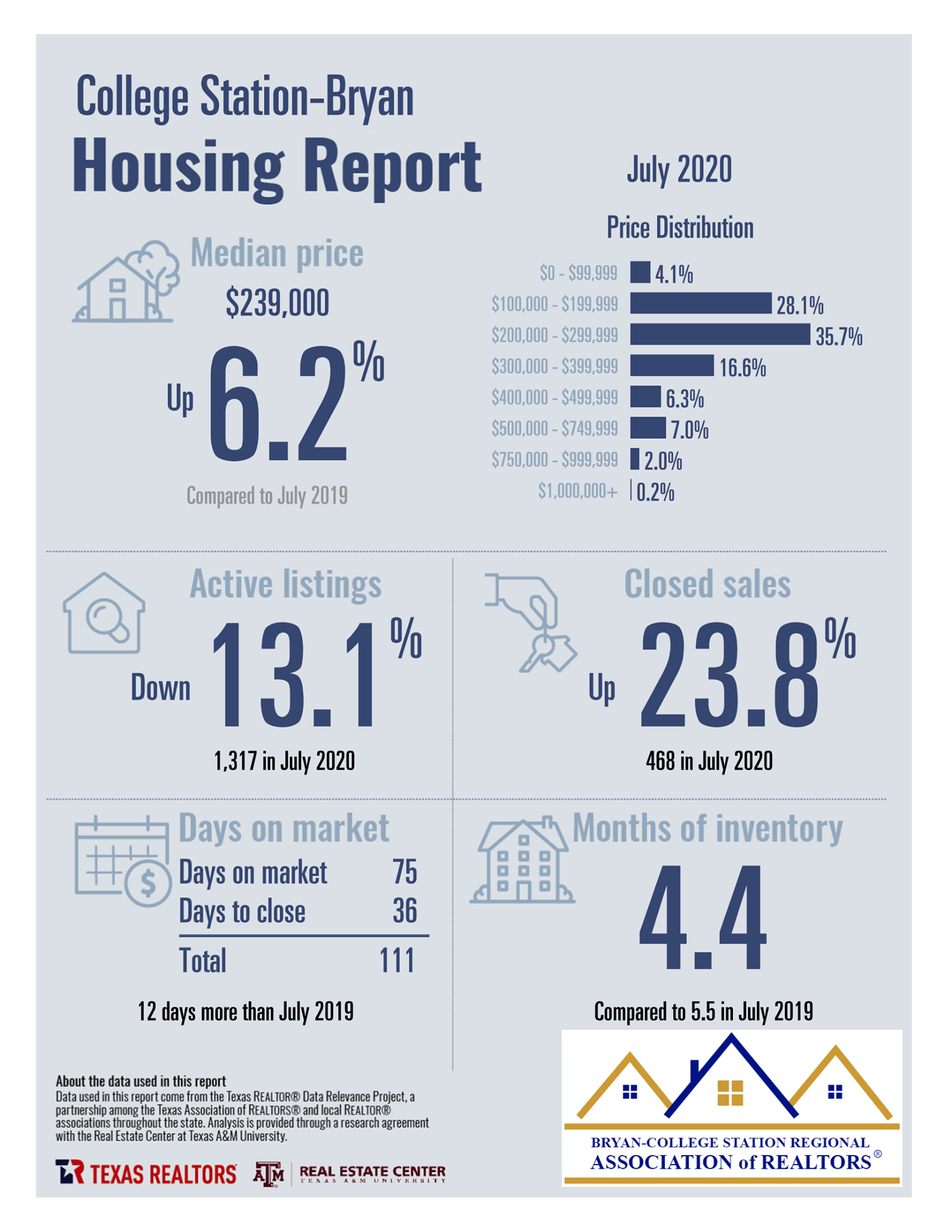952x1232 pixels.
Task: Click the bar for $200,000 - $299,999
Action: tap(720, 334)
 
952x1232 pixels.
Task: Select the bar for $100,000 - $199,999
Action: tap(700, 303)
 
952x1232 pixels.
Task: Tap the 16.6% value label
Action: tap(743, 367)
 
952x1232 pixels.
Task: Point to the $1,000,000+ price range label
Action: tap(578, 491)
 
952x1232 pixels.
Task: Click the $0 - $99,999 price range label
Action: tap(578, 273)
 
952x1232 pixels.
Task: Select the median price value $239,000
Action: tap(277, 302)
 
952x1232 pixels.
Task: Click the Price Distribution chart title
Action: tap(679, 227)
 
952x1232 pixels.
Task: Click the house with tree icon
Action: tap(126, 282)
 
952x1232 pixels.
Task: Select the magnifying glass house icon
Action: tap(104, 612)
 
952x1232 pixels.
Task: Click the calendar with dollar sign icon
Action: tap(123, 861)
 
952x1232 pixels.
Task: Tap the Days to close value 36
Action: tap(405, 911)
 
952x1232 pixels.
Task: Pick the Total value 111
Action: tap(397, 960)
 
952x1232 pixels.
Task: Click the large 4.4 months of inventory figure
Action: tap(702, 916)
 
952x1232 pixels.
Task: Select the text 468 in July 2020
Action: tap(709, 761)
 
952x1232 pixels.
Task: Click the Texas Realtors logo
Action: tap(146, 1172)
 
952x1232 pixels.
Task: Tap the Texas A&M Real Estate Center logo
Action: tap(350, 1173)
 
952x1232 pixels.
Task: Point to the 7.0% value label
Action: tap(690, 430)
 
